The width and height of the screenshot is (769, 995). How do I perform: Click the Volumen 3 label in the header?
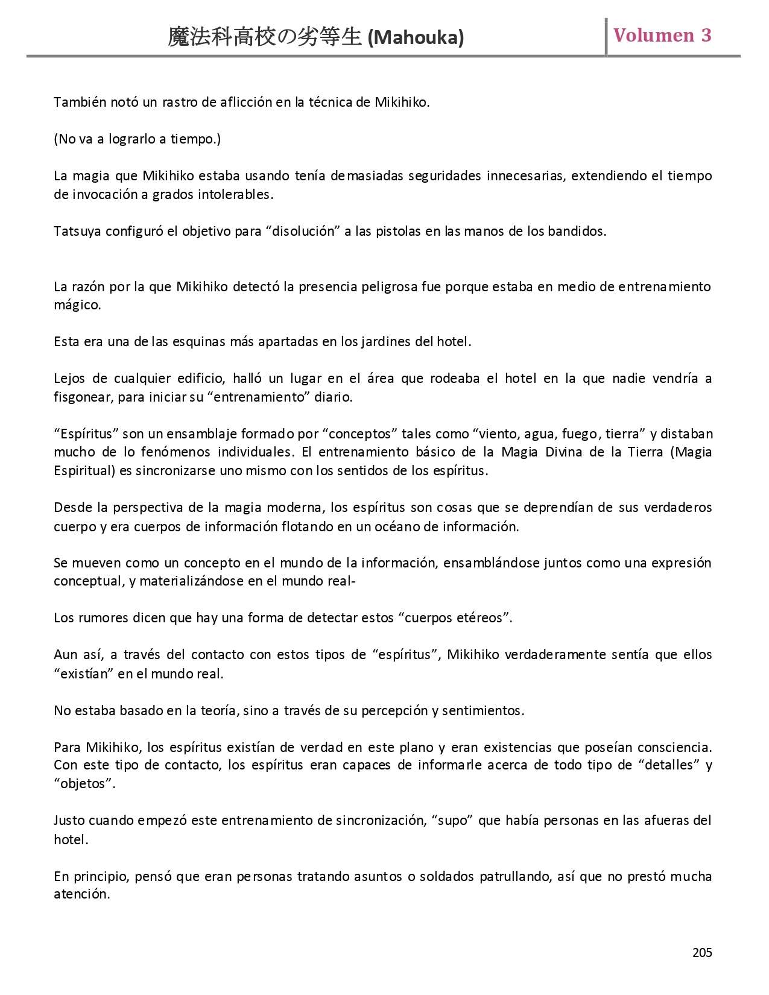662,35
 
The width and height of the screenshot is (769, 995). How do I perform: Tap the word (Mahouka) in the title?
416,38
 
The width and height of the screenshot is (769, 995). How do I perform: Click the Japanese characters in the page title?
265,38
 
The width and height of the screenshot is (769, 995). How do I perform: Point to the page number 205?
702,952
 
